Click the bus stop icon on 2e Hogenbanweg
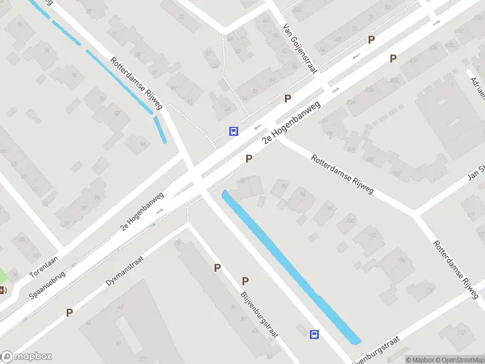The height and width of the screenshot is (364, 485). click(233, 130)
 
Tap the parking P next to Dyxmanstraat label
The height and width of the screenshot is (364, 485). click(70, 312)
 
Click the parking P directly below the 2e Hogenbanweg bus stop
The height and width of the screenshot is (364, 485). click(249, 158)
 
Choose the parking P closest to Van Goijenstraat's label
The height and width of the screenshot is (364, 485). click(287, 98)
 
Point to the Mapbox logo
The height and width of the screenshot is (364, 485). click(27, 356)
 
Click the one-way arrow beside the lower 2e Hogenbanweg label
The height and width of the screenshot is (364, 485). click(160, 211)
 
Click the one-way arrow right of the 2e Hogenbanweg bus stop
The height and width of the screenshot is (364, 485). click(258, 127)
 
